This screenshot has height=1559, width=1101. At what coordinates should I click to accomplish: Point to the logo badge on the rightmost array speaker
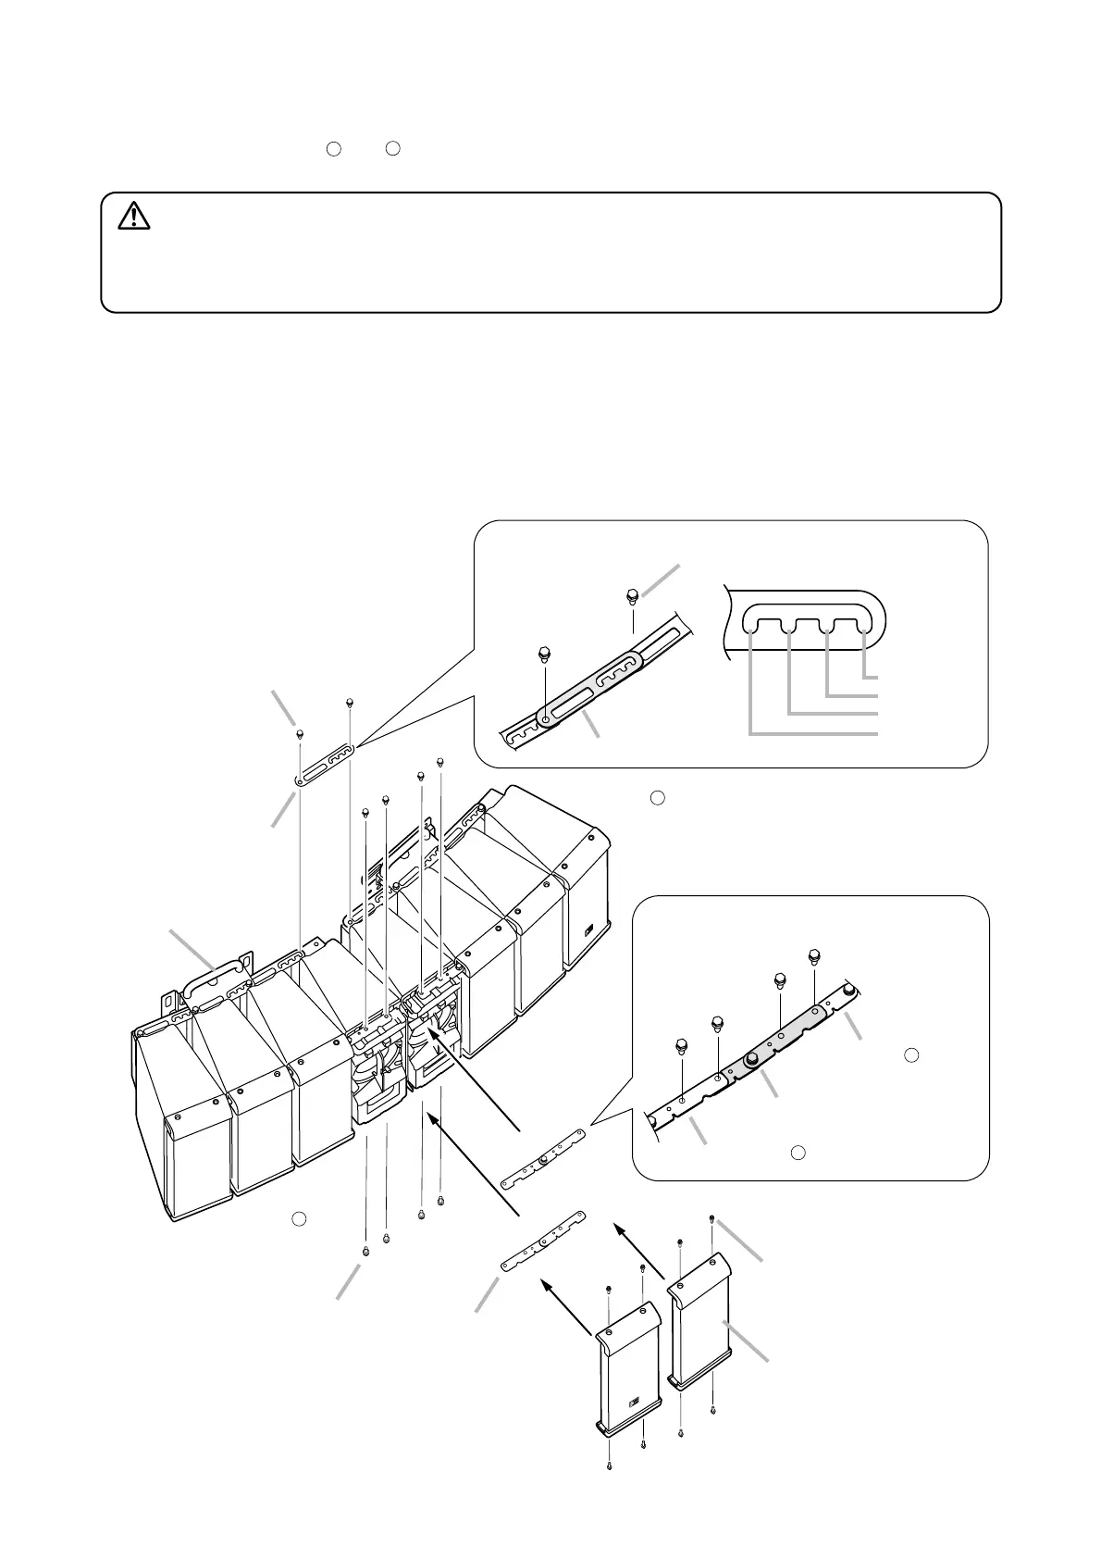pos(589,931)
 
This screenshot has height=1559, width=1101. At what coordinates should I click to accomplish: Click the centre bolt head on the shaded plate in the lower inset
pos(752,1057)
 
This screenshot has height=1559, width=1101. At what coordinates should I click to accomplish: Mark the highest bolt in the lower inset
pos(814,955)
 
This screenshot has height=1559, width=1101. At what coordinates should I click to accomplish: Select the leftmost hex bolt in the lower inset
pos(681,1047)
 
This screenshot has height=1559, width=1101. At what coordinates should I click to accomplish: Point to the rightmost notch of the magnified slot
pos(864,630)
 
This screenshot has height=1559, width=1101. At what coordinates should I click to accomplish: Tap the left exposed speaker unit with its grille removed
pos(377,1074)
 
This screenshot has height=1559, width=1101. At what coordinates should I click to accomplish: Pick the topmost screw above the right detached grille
pos(711,1218)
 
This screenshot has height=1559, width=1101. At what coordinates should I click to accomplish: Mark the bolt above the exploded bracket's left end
pos(301,734)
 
